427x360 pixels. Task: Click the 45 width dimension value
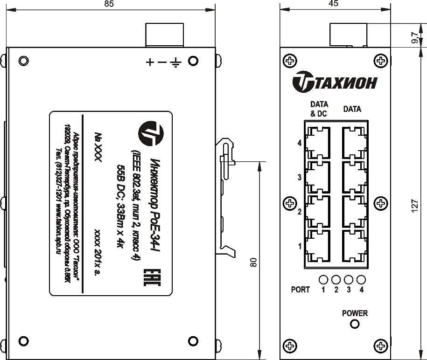[333, 4]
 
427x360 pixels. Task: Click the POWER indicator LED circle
[355, 325]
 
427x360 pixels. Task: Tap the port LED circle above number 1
[323, 280]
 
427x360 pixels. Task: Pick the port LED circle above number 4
[361, 280]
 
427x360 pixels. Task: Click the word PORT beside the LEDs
[300, 290]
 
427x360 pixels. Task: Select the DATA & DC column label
[319, 109]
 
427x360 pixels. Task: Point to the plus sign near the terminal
[150, 62]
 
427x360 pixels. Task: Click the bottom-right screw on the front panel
[381, 345]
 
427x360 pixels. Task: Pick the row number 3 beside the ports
[299, 178]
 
